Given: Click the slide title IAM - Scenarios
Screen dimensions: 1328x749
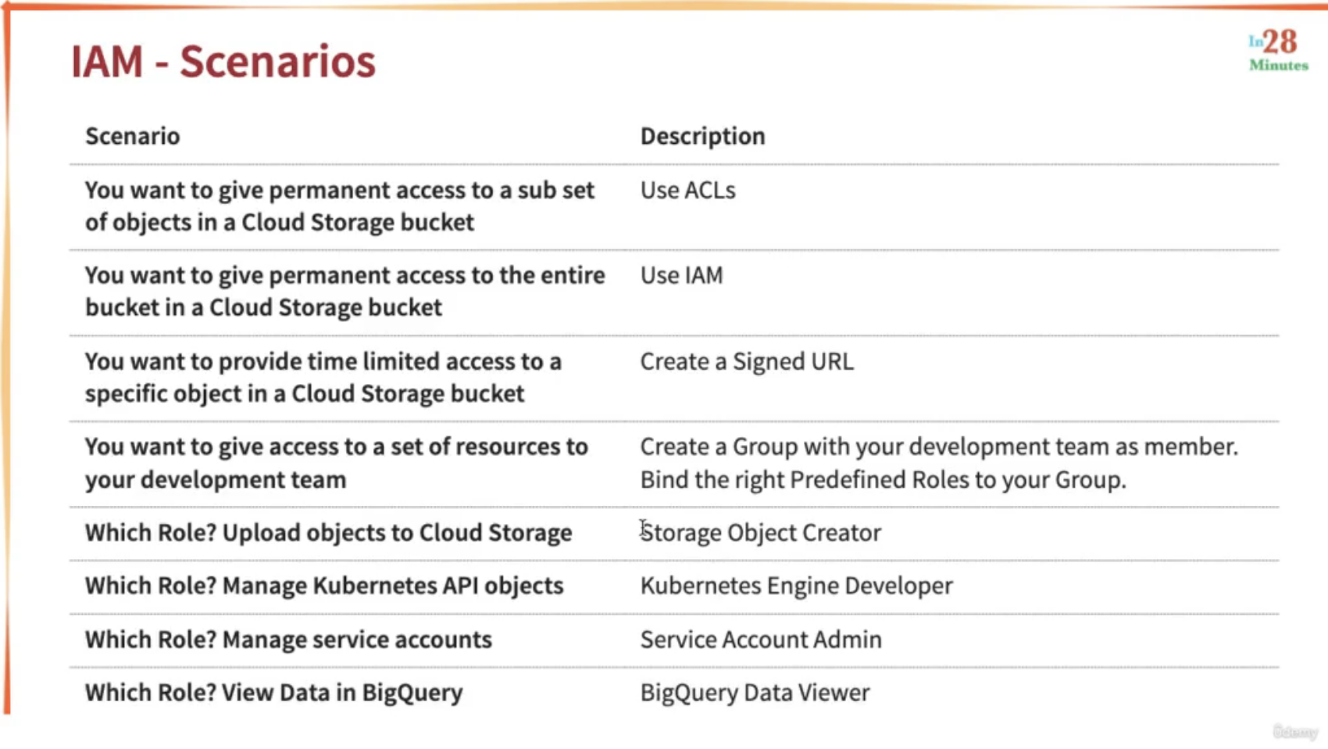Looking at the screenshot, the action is (223, 61).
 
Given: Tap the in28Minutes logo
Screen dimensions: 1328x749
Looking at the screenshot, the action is (1279, 51).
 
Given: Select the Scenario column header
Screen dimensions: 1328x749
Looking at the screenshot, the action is (132, 137).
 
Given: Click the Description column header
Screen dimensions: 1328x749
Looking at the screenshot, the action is (702, 137).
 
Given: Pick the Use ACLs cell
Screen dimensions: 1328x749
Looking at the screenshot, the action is (687, 191).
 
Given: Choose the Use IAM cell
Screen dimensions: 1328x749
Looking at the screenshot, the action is (682, 275).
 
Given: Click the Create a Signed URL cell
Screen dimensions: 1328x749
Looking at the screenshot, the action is (747, 361).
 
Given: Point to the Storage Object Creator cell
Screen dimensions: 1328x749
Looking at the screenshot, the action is (761, 532).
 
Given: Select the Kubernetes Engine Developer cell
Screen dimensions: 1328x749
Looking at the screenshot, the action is (796, 586).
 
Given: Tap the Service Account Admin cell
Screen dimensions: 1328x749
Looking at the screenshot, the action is (761, 640).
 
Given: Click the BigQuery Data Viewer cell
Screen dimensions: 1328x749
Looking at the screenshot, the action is (755, 693).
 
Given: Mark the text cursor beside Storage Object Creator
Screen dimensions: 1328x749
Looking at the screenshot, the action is (643, 529).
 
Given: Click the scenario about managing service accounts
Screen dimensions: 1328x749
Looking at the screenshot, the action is (288, 640).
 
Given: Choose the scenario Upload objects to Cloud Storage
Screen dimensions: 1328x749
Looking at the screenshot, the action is (328, 532).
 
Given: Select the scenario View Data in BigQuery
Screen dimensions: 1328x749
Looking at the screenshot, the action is (274, 693).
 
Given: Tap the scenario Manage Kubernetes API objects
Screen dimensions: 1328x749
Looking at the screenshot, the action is (324, 586).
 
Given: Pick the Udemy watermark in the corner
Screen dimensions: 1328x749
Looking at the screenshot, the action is (1295, 732).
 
